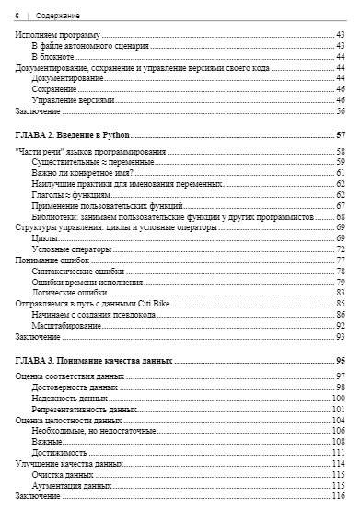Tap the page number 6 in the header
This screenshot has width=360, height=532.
(18, 17)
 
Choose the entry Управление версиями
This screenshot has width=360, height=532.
(74, 99)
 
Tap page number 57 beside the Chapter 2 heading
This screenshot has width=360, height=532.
(340, 136)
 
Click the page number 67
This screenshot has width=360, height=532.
(340, 206)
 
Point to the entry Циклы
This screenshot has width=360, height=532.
(46, 238)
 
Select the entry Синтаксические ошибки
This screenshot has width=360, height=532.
(79, 272)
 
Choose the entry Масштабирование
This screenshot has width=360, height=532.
(70, 326)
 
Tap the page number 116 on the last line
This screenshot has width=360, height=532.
(338, 496)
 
